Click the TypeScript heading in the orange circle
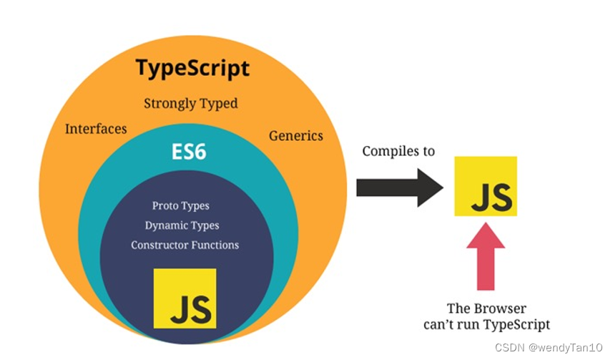click(192, 69)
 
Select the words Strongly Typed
click(190, 104)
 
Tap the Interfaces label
click(96, 130)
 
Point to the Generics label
click(295, 135)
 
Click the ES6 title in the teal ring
click(189, 152)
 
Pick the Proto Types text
click(181, 206)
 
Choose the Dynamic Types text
click(182, 225)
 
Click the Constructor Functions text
click(185, 245)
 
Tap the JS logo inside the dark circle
click(185, 298)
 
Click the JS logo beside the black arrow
click(486, 185)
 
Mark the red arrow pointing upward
click(485, 256)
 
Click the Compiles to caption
click(398, 151)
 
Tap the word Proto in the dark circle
click(165, 206)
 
